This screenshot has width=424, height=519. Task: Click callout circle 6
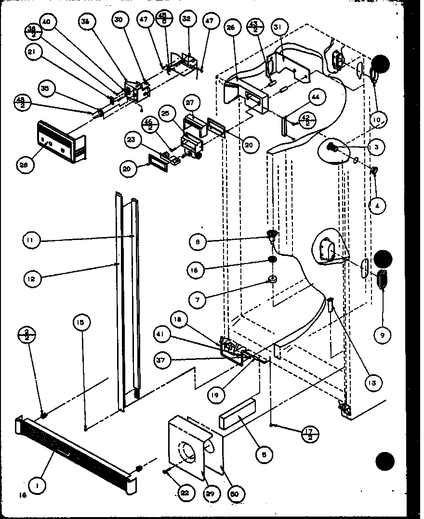point(265,453)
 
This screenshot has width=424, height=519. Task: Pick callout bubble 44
point(315,98)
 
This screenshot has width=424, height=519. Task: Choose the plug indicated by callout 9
point(384,279)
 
